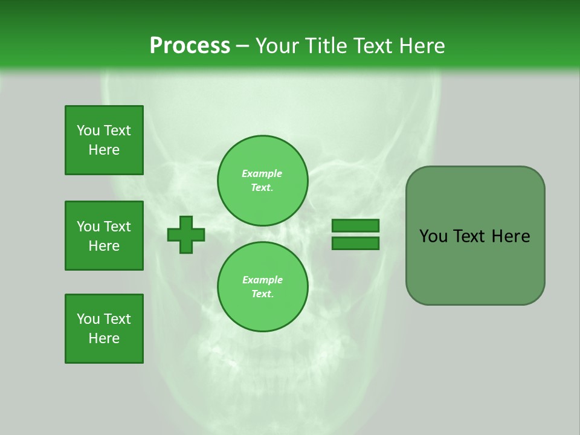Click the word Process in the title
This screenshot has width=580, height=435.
pos(190,45)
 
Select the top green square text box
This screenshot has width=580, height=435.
pos(104,140)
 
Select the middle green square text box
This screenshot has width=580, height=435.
pos(104,236)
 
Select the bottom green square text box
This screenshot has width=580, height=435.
pos(104,329)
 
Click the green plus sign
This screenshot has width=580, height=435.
pos(186,234)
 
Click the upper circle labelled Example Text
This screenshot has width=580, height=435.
pos(262,181)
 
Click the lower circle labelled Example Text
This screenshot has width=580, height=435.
pos(262,286)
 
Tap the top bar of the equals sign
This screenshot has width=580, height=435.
pos(355,226)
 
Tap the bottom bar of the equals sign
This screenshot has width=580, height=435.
pos(355,243)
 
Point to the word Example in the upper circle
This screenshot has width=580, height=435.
pos(262,174)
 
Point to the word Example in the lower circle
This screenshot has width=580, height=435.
pos(262,280)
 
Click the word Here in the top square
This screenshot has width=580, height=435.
pos(104,150)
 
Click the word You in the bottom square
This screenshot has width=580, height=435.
pos(88,319)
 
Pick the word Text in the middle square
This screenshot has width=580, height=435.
pos(117,227)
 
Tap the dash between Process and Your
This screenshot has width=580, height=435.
pos(242,46)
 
